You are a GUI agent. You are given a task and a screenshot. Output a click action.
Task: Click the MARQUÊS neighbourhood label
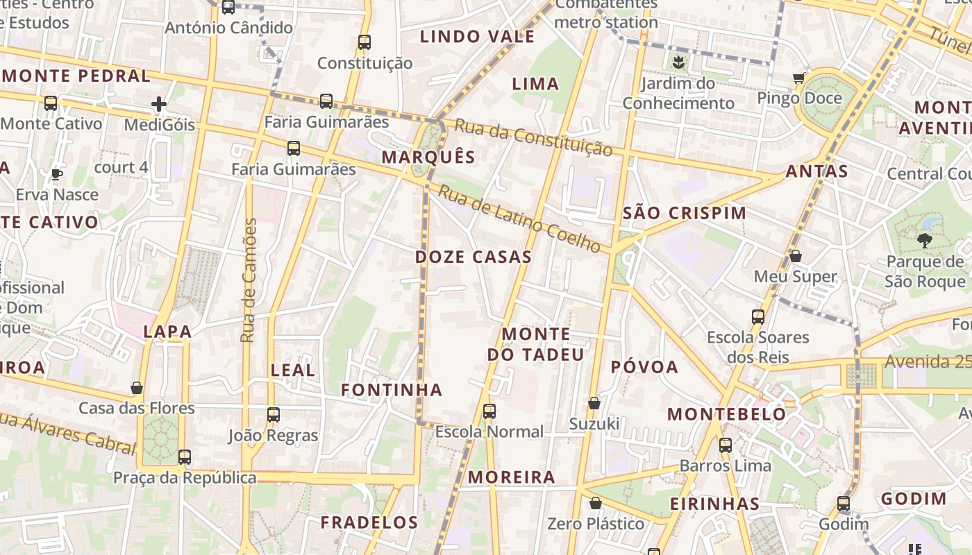pyautogui.click(x=428, y=157)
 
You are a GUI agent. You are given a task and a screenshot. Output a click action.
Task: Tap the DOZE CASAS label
pyautogui.click(x=474, y=257)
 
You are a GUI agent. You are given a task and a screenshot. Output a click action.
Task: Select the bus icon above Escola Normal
pyautogui.click(x=489, y=411)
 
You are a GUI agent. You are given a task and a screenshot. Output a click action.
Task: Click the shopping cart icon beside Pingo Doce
pyautogui.click(x=799, y=78)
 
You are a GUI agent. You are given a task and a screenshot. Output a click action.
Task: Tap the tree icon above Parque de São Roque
pyautogui.click(x=924, y=241)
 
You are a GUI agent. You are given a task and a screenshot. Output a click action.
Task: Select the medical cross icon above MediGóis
pyautogui.click(x=159, y=105)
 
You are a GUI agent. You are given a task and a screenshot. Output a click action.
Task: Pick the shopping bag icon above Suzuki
pyautogui.click(x=594, y=403)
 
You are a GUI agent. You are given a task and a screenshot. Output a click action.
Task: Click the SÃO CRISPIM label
pyautogui.click(x=685, y=214)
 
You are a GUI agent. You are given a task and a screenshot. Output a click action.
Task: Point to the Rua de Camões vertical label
pyautogui.click(x=249, y=280)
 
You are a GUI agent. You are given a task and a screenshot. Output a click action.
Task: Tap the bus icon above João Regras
pyautogui.click(x=274, y=415)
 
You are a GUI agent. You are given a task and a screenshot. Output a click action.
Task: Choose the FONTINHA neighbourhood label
pyautogui.click(x=392, y=391)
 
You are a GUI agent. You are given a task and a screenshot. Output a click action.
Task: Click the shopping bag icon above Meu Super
pyautogui.click(x=796, y=256)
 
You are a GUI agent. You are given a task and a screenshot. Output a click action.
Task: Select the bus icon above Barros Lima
pyautogui.click(x=726, y=445)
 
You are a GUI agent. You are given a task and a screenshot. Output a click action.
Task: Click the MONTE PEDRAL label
pyautogui.click(x=76, y=76)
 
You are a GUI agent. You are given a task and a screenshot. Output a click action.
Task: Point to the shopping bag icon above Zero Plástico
pyautogui.click(x=595, y=503)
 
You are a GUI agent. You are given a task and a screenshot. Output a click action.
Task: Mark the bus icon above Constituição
pyautogui.click(x=364, y=42)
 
